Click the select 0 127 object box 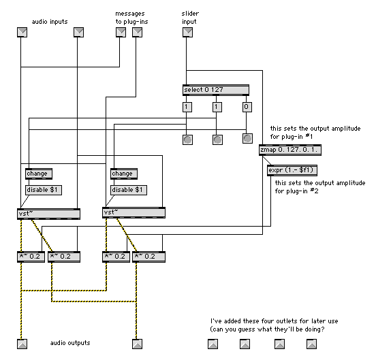[x=215, y=90]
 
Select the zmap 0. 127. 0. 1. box [x=290, y=150]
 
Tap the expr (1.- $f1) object [x=292, y=170]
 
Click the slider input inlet [x=187, y=33]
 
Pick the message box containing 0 [x=247, y=107]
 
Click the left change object [x=39, y=174]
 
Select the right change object [x=124, y=174]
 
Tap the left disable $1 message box [x=44, y=190]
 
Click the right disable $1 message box [x=129, y=190]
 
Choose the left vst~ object [x=48, y=214]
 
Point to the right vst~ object [x=134, y=213]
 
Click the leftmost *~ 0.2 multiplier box [x=31, y=257]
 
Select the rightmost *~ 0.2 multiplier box [x=148, y=257]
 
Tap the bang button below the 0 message [x=247, y=138]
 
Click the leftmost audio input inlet [x=22, y=33]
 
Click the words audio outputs [x=70, y=343]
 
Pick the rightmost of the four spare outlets [x=311, y=344]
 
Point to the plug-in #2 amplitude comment [x=320, y=187]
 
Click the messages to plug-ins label [x=131, y=18]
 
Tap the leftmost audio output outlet [x=22, y=344]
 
